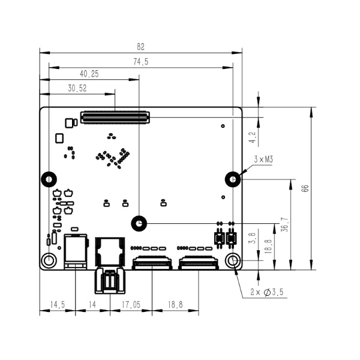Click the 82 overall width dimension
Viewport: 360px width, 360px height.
141,47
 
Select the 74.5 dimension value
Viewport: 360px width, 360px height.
141,62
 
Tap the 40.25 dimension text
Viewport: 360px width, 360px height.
89,74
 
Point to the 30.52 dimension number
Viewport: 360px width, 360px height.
77,88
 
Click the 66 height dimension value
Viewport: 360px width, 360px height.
305,188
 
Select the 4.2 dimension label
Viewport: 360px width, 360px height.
253,137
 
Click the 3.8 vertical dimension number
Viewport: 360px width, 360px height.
252,238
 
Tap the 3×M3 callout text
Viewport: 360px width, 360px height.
263,159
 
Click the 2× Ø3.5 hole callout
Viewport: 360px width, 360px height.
266,292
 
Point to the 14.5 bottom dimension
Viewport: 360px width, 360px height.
58,305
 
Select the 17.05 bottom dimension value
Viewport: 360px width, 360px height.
131,305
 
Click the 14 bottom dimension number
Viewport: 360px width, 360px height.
92,305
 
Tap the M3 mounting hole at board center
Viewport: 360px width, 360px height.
139,223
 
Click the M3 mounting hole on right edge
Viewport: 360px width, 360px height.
233,179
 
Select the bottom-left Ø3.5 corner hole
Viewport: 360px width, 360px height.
49,260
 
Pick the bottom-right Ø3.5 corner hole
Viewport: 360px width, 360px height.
233,260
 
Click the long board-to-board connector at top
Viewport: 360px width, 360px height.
115,118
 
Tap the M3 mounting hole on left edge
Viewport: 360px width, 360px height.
49,179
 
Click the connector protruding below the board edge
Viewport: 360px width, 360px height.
110,280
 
